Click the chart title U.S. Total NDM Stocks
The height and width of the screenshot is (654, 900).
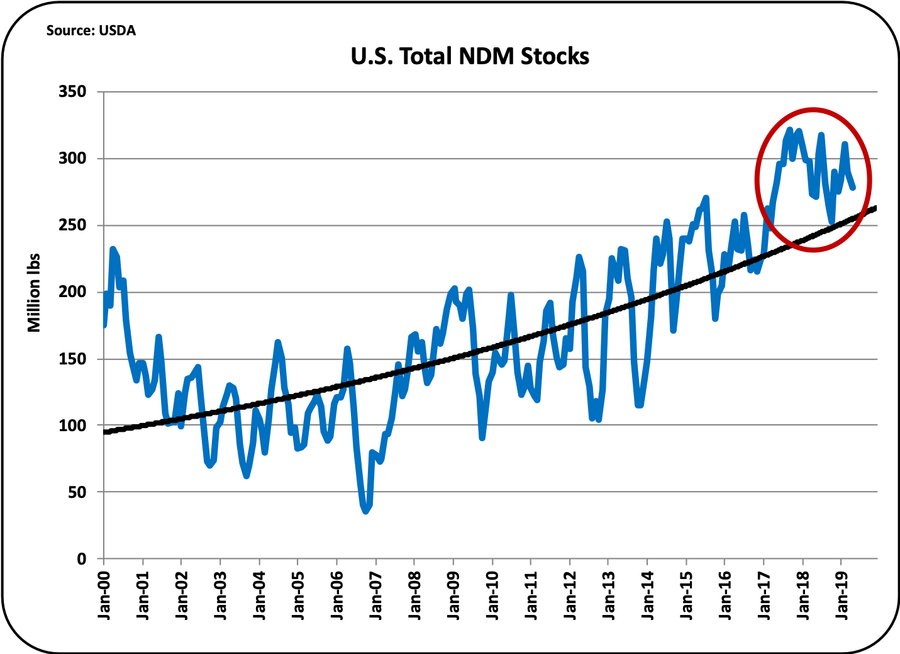tap(470, 57)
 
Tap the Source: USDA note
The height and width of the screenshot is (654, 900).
tap(91, 30)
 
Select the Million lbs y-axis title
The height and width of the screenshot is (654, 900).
tap(34, 293)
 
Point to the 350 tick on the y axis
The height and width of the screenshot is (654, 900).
tap(72, 92)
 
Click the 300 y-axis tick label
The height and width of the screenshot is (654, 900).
tap(72, 159)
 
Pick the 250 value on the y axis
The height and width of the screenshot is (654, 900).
tap(72, 225)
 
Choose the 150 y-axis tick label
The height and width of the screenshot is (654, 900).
tap(72, 359)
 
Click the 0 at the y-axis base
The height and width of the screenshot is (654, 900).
tap(82, 560)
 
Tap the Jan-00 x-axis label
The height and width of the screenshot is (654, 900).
tap(104, 595)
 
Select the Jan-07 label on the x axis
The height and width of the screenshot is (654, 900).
tap(376, 595)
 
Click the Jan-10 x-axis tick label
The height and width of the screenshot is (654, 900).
tap(492, 595)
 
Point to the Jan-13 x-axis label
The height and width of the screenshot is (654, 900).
tap(609, 595)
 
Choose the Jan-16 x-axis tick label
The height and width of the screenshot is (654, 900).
tap(725, 595)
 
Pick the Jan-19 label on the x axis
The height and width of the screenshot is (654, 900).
tap(842, 595)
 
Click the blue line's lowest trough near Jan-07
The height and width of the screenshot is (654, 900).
tap(365, 511)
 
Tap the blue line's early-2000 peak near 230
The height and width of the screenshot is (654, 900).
tap(113, 249)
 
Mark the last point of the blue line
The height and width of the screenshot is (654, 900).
tap(853, 187)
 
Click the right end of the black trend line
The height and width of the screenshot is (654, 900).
tap(875, 207)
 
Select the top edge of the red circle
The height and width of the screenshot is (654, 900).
tap(813, 108)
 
